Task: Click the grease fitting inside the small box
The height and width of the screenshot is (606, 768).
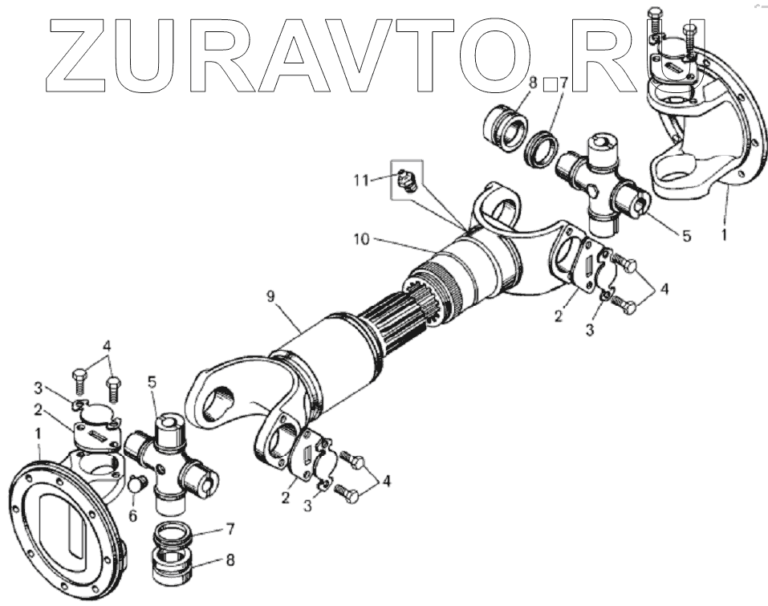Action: click(x=404, y=181)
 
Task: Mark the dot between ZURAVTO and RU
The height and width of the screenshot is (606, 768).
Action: click(x=551, y=83)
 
